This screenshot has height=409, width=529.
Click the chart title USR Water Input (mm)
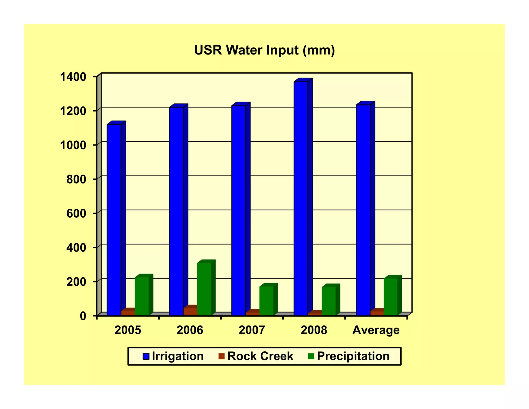tap(264, 50)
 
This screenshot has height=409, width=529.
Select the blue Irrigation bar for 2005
tap(114, 220)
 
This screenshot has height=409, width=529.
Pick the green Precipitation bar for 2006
tap(204, 289)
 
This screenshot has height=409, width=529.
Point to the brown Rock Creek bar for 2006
tap(190, 312)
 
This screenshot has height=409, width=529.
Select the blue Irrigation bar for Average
tap(363, 210)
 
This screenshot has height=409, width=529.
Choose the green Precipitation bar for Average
tap(391, 297)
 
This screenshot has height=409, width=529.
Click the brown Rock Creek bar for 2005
tap(128, 313)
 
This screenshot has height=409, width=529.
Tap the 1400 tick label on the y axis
tap(73, 77)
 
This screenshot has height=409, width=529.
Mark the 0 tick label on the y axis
tap(83, 316)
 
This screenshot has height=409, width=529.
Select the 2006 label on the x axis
tap(190, 330)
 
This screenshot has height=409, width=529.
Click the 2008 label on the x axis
tap(314, 330)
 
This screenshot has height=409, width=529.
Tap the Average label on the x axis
tap(376, 330)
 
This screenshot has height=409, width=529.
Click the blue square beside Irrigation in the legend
tap(146, 356)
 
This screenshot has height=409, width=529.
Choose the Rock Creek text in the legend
tap(260, 356)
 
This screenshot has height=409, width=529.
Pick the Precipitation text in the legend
tap(353, 356)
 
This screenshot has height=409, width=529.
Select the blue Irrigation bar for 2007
tap(238, 210)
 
